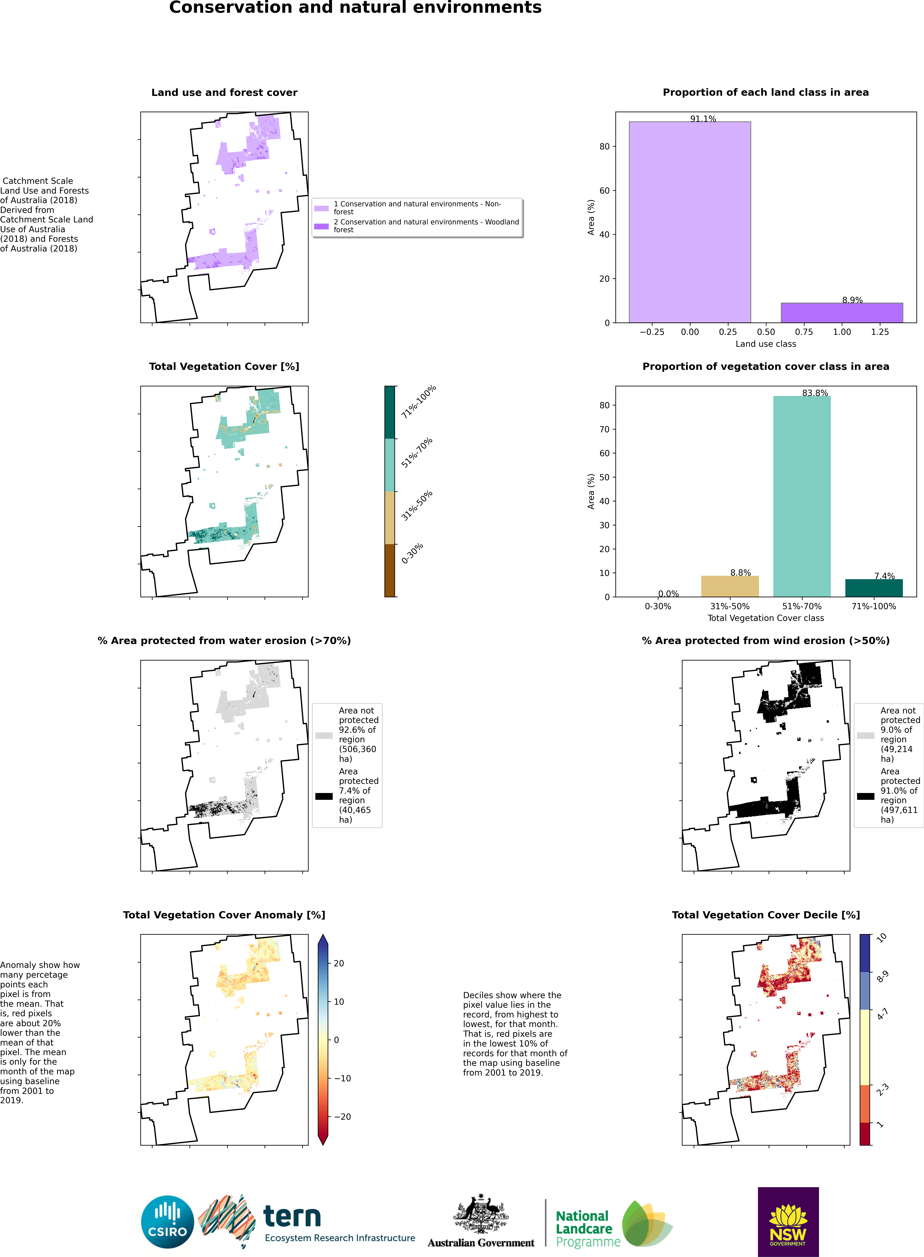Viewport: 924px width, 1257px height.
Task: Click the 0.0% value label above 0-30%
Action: (x=668, y=593)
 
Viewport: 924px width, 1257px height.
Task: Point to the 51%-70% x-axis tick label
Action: (x=802, y=606)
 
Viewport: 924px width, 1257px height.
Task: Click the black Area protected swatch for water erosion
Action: (x=324, y=796)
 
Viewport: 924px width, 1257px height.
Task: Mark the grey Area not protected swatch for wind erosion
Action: (x=865, y=736)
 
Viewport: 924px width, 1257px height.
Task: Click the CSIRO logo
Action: (x=167, y=1222)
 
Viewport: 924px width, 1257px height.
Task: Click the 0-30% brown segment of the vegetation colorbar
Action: (x=390, y=570)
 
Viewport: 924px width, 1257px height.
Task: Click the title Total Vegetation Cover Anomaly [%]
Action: (x=224, y=915)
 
